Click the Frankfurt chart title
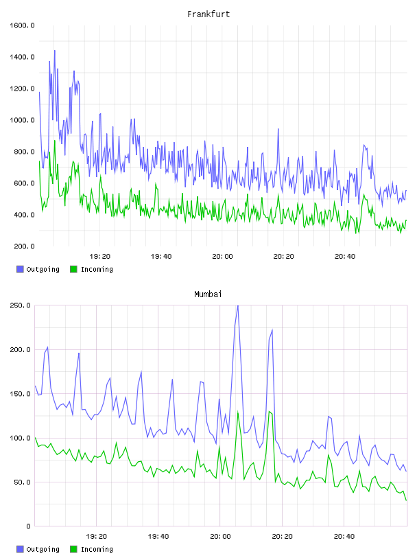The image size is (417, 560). [x=208, y=14]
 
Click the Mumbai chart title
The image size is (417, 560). [x=208, y=294]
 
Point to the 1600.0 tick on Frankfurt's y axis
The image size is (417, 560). [x=22, y=25]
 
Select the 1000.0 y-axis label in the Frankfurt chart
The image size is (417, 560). [x=22, y=120]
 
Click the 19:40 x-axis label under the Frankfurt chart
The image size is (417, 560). [x=161, y=256]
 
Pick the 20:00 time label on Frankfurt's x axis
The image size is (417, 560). [x=222, y=256]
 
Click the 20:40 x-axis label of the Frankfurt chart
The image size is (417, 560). [x=345, y=256]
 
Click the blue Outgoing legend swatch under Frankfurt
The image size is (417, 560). [x=20, y=269]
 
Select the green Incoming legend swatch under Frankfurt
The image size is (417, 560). [x=73, y=269]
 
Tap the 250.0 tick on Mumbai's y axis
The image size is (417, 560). [x=20, y=305]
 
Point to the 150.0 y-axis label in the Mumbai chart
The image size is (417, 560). [x=20, y=393]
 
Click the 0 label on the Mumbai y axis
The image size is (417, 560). [x=29, y=526]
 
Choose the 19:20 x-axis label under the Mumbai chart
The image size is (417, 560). [x=97, y=536]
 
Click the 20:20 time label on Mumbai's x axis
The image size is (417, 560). [x=282, y=536]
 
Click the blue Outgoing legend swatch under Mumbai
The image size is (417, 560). [x=20, y=549]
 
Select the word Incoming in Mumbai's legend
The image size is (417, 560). [x=97, y=549]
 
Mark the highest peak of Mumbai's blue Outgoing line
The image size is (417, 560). [x=238, y=305]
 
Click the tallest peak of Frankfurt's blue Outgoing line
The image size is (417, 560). [x=55, y=50]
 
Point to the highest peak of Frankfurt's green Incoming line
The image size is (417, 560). [x=55, y=141]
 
